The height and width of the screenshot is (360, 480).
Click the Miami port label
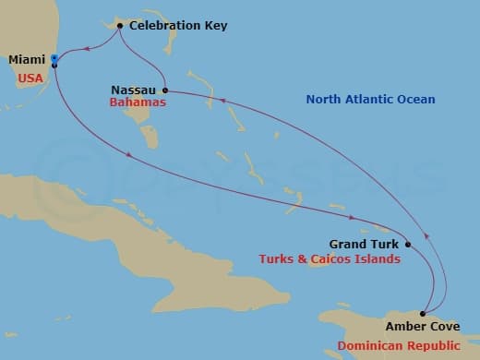coord(26,60)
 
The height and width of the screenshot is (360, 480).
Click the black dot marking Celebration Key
coord(121,26)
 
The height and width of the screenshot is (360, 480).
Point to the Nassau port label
coord(133,90)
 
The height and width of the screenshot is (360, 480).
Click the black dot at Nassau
coord(164,90)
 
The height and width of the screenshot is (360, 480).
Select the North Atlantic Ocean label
coord(371,100)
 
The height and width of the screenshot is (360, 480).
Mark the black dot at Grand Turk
coord(407,245)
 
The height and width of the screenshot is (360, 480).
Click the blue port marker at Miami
coord(54,60)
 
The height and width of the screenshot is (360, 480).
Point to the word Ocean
coord(416,100)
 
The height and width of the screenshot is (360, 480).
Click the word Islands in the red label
coord(380,259)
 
